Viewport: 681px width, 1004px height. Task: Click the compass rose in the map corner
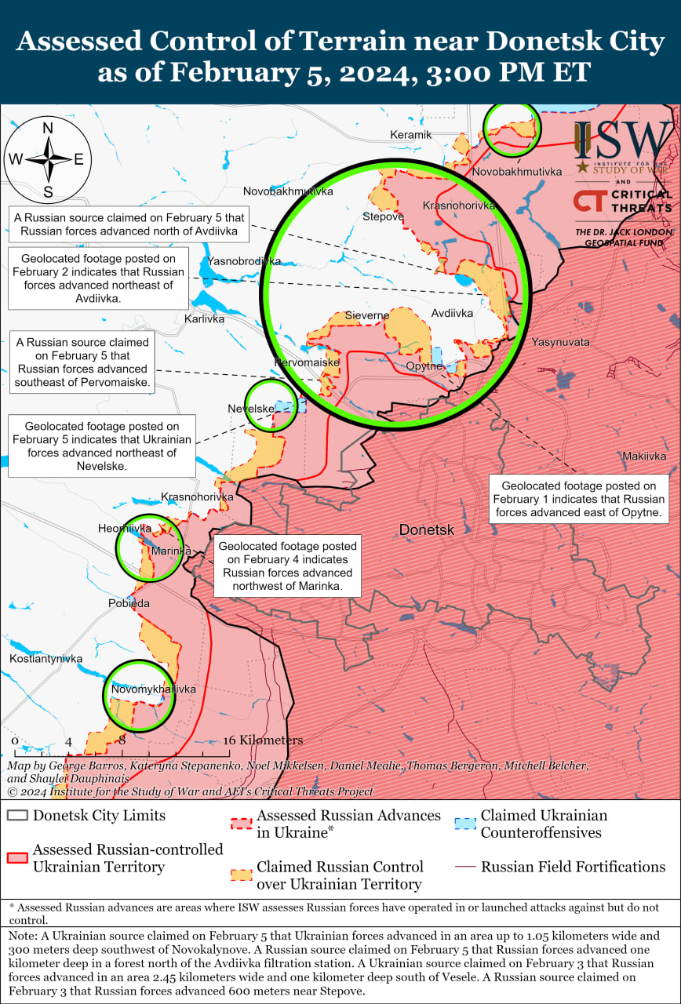(47, 159)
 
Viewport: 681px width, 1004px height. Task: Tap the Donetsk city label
(426, 530)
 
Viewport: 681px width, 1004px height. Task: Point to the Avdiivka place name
(452, 313)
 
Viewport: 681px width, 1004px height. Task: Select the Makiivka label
(644, 456)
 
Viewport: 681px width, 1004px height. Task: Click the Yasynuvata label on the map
(560, 342)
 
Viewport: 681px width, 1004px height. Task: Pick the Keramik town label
(411, 135)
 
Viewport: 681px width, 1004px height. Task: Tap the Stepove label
(383, 216)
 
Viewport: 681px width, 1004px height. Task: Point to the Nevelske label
(251, 409)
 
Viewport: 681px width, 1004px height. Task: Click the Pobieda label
(129, 603)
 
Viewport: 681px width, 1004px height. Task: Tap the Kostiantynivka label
(46, 659)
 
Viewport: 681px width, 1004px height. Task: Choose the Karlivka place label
(204, 319)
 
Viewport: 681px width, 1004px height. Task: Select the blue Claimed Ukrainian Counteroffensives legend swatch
(466, 823)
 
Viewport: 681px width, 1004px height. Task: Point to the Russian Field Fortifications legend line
(466, 867)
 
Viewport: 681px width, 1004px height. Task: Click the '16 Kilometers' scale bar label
(263, 740)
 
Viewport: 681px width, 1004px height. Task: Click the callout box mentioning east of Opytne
(579, 500)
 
